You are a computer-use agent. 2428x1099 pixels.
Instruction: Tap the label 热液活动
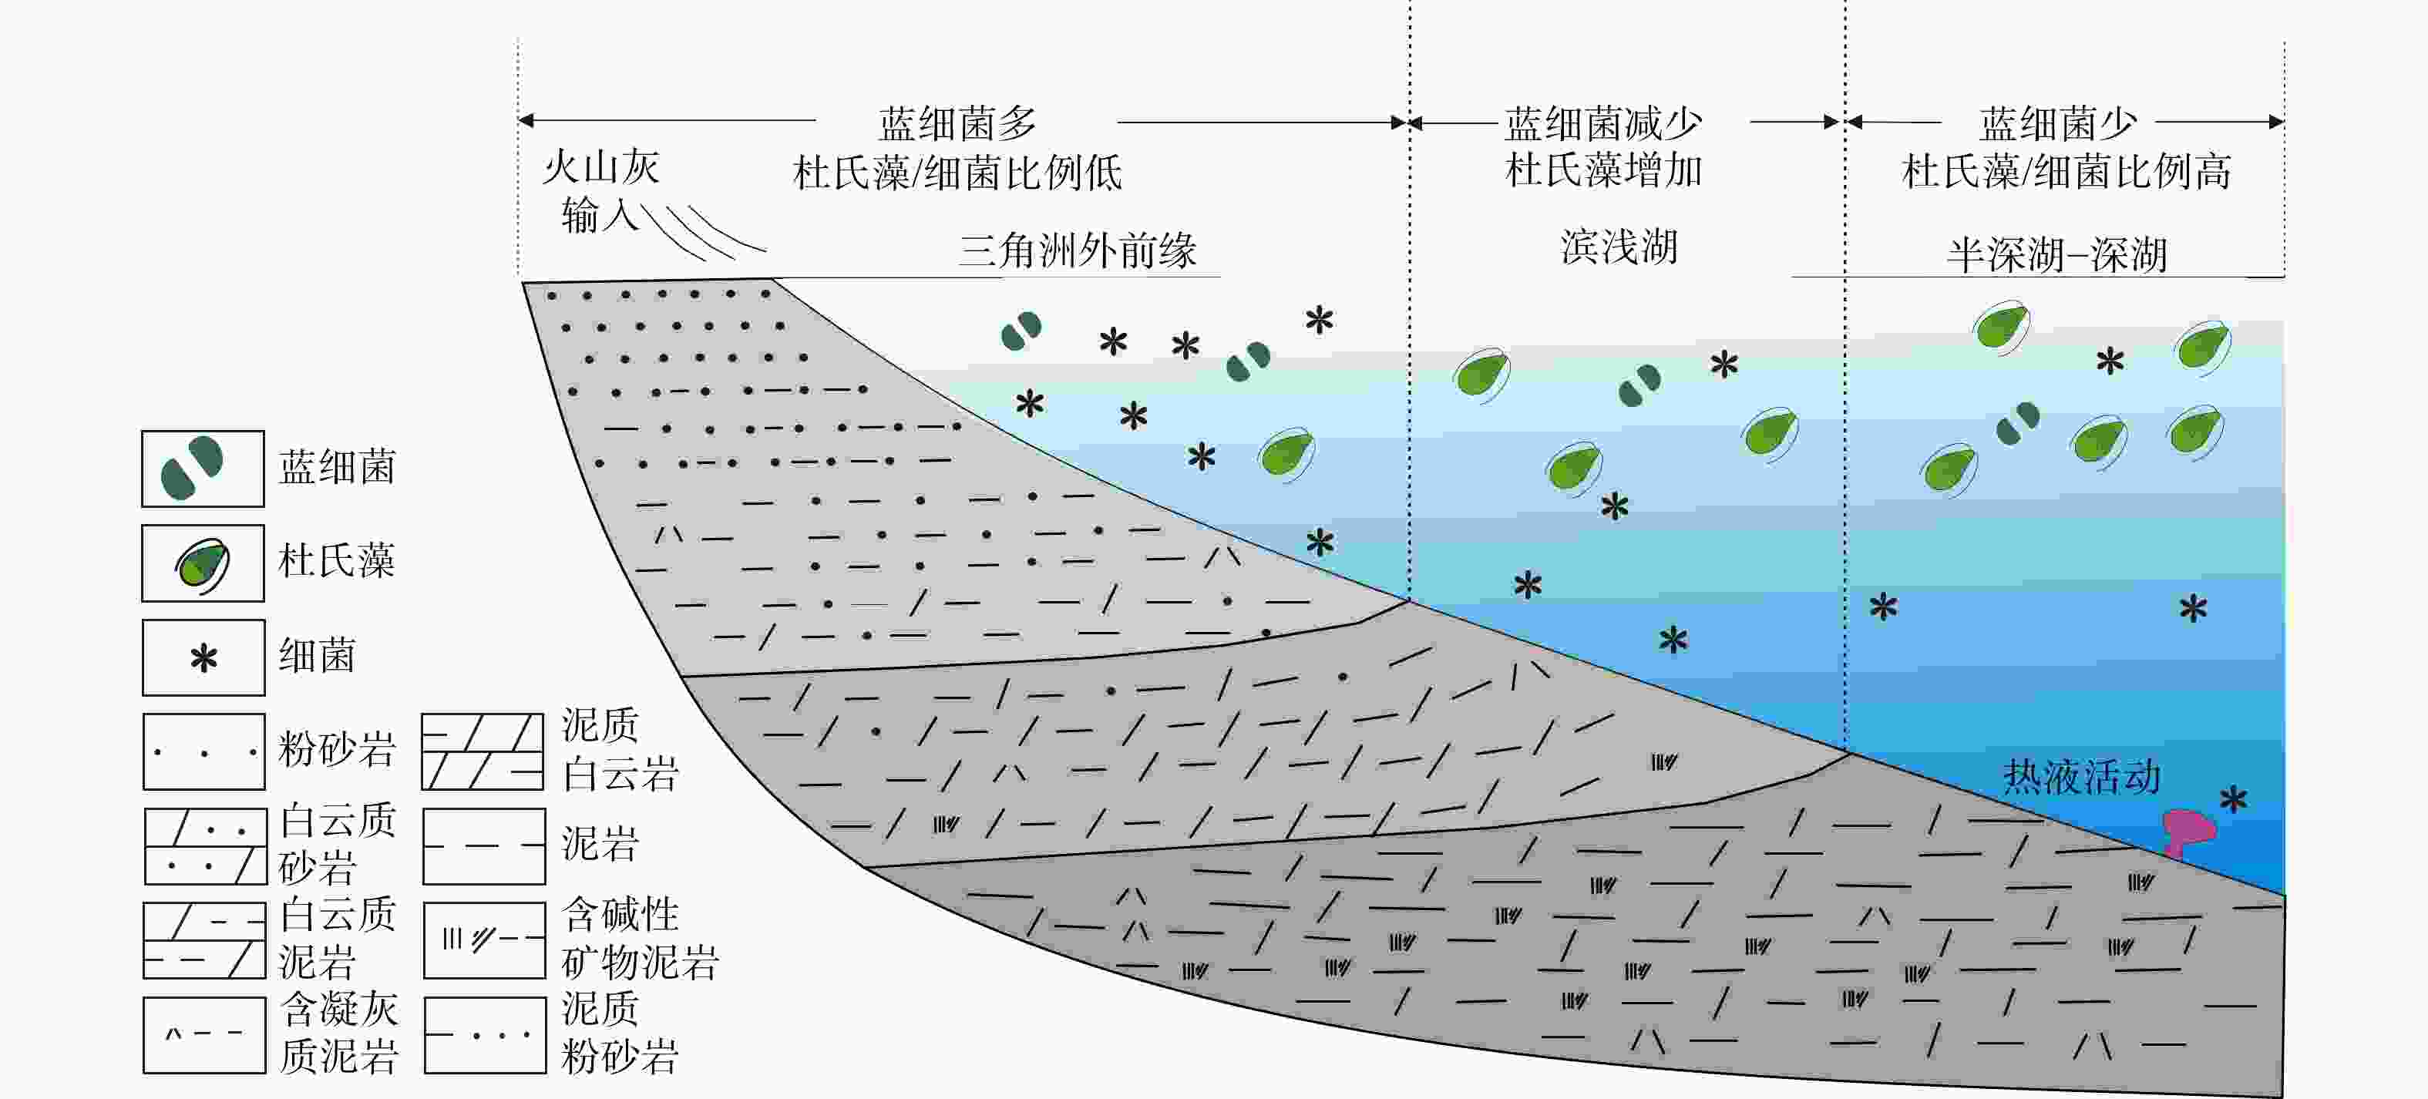click(x=2081, y=778)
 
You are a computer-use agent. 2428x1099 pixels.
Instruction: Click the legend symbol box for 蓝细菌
click(x=203, y=469)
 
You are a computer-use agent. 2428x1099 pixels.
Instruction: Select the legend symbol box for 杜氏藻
click(x=203, y=563)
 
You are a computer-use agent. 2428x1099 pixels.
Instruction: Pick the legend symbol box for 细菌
click(x=203, y=657)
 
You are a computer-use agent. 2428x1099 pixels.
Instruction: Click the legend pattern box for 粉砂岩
click(x=203, y=751)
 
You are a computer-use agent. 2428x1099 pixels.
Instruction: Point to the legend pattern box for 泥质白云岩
click(x=483, y=751)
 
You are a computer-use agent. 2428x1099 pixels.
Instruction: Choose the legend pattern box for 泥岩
click(x=483, y=845)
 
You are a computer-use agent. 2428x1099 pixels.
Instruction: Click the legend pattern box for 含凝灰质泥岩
click(x=203, y=1035)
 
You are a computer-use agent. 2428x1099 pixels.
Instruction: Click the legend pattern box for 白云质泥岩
click(x=203, y=939)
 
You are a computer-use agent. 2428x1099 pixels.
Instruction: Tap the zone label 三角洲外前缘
click(x=1078, y=250)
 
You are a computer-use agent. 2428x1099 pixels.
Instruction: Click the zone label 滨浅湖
click(x=1619, y=247)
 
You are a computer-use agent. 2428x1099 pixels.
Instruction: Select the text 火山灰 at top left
click(x=600, y=168)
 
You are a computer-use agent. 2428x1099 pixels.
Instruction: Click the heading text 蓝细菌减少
click(x=1602, y=123)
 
